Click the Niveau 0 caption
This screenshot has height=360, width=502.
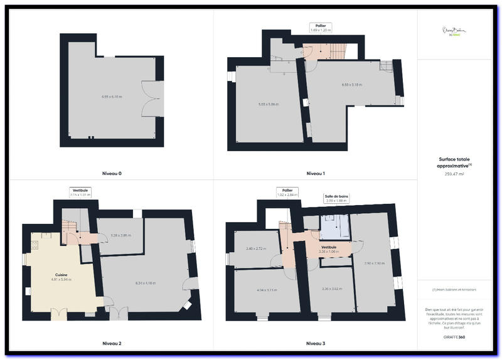pos(112,173)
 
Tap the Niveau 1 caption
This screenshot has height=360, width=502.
pos(315,173)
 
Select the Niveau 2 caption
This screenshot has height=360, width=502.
pos(112,344)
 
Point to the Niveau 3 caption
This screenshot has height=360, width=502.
pos(315,344)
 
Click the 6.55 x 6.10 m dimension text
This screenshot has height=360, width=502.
pos(112,97)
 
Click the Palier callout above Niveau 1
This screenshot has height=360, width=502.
pos(321,28)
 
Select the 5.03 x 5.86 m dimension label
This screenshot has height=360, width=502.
pos(268,104)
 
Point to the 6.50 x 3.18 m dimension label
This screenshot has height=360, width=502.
pos(353,85)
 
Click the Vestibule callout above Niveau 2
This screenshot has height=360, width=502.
pos(80,192)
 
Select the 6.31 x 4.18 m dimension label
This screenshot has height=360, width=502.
pos(146,283)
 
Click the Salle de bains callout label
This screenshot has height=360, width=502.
pos(336,198)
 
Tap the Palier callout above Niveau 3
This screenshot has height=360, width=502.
pos(287,192)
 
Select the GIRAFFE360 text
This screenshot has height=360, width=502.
pos(454,337)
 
